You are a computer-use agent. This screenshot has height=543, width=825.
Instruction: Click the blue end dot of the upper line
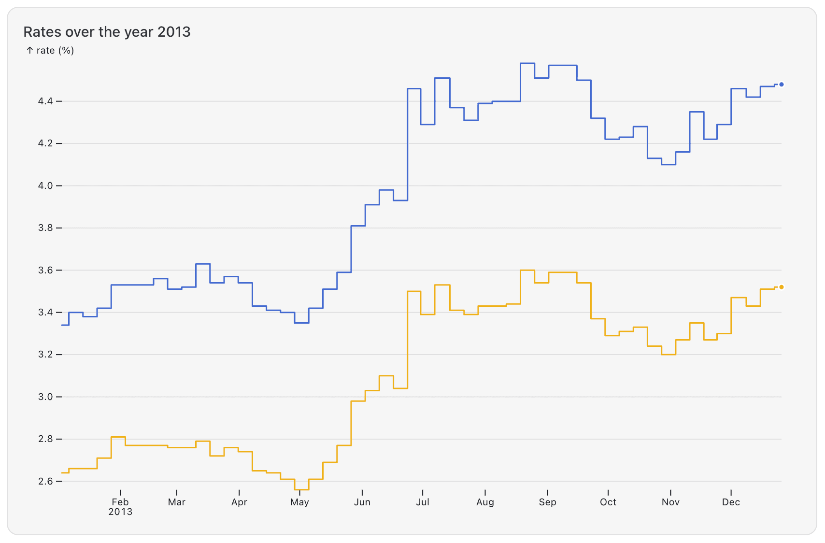click(781, 85)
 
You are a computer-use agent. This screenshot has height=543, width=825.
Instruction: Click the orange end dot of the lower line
click(781, 287)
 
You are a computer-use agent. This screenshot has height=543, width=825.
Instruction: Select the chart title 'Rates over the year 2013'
click(107, 32)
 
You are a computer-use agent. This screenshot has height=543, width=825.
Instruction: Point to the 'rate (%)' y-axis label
click(50, 50)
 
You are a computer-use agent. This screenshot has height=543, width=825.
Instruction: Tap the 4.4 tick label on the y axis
click(45, 101)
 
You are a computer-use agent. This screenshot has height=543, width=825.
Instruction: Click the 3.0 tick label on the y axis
click(45, 397)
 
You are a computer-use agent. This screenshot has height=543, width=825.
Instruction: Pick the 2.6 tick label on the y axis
click(45, 481)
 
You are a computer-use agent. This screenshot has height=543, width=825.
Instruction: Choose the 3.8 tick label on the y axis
click(45, 228)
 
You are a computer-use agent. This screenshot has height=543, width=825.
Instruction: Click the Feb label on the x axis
click(120, 502)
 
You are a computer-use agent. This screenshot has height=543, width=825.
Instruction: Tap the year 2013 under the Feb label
click(120, 512)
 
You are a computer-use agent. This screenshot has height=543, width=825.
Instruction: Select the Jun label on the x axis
click(362, 502)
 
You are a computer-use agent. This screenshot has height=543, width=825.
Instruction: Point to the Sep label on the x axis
click(547, 502)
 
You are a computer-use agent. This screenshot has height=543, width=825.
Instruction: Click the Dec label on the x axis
click(731, 502)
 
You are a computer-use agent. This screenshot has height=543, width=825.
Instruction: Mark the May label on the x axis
click(299, 502)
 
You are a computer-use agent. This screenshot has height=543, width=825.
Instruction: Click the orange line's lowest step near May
click(301, 490)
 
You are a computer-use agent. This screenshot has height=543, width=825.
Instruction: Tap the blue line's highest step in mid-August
click(527, 63)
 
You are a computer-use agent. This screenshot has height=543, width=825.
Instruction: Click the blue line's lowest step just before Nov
click(669, 165)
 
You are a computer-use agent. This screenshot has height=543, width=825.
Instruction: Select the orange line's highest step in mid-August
click(527, 270)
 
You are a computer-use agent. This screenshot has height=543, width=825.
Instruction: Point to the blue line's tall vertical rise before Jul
click(408, 145)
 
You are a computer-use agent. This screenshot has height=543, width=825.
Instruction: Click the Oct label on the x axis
click(608, 502)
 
